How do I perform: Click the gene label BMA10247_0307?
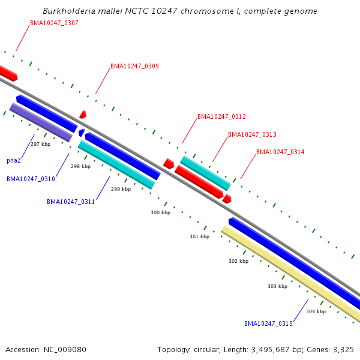pyautogui.click(x=54, y=23)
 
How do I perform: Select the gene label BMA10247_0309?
pyautogui.click(x=134, y=66)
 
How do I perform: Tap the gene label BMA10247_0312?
pyautogui.click(x=221, y=116)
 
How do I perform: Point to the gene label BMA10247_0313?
pyautogui.click(x=252, y=134)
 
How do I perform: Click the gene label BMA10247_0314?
pyautogui.click(x=280, y=152)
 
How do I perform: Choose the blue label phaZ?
pyautogui.click(x=14, y=160)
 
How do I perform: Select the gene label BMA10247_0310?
pyautogui.click(x=31, y=179)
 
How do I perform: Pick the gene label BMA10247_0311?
pyautogui.click(x=71, y=202)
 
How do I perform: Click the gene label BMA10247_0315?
pyautogui.click(x=268, y=323)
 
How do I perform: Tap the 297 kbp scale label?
pyautogui.click(x=40, y=144)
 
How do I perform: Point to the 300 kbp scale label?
pyautogui.click(x=160, y=212)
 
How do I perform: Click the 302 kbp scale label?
pyautogui.click(x=238, y=261)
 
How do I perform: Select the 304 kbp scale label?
pyautogui.click(x=316, y=311)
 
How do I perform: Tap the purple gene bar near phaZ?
pyautogui.click(x=41, y=122)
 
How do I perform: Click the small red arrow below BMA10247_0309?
pyautogui.click(x=83, y=114)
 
